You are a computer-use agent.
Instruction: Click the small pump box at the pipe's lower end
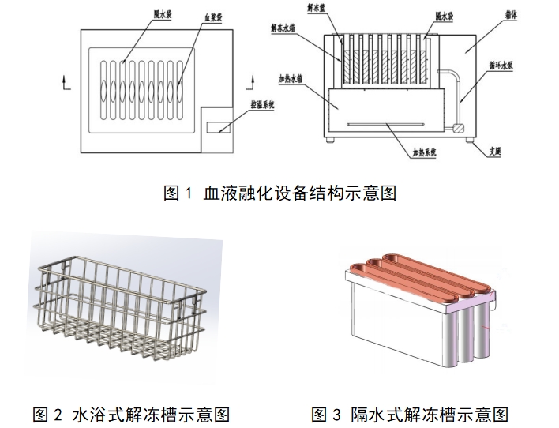pos(456,126)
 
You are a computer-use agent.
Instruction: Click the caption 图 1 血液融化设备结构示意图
pos(279,193)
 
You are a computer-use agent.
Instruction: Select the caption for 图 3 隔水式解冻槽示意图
pos(409,414)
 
